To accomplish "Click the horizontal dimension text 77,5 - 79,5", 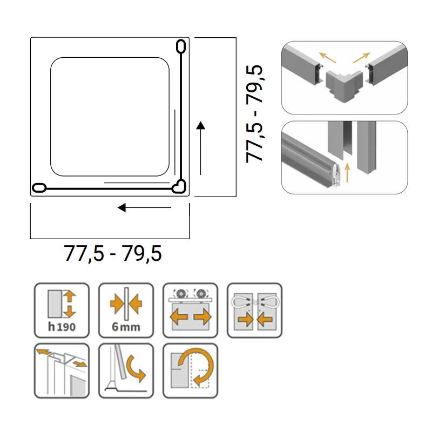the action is pos(113,253).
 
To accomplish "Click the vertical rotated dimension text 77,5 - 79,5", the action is pos(254,114).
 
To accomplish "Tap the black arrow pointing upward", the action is pos(200,148).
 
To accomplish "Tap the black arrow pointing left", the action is pos(144,207).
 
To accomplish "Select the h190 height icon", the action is pos(62,310).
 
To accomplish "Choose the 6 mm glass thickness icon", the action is pos(126,310).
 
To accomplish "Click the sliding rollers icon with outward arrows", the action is pos(191,310).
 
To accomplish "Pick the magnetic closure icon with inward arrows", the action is pos(254,310).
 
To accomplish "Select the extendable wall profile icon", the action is pos(62,370).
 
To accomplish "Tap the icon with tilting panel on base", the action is pos(126,370).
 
